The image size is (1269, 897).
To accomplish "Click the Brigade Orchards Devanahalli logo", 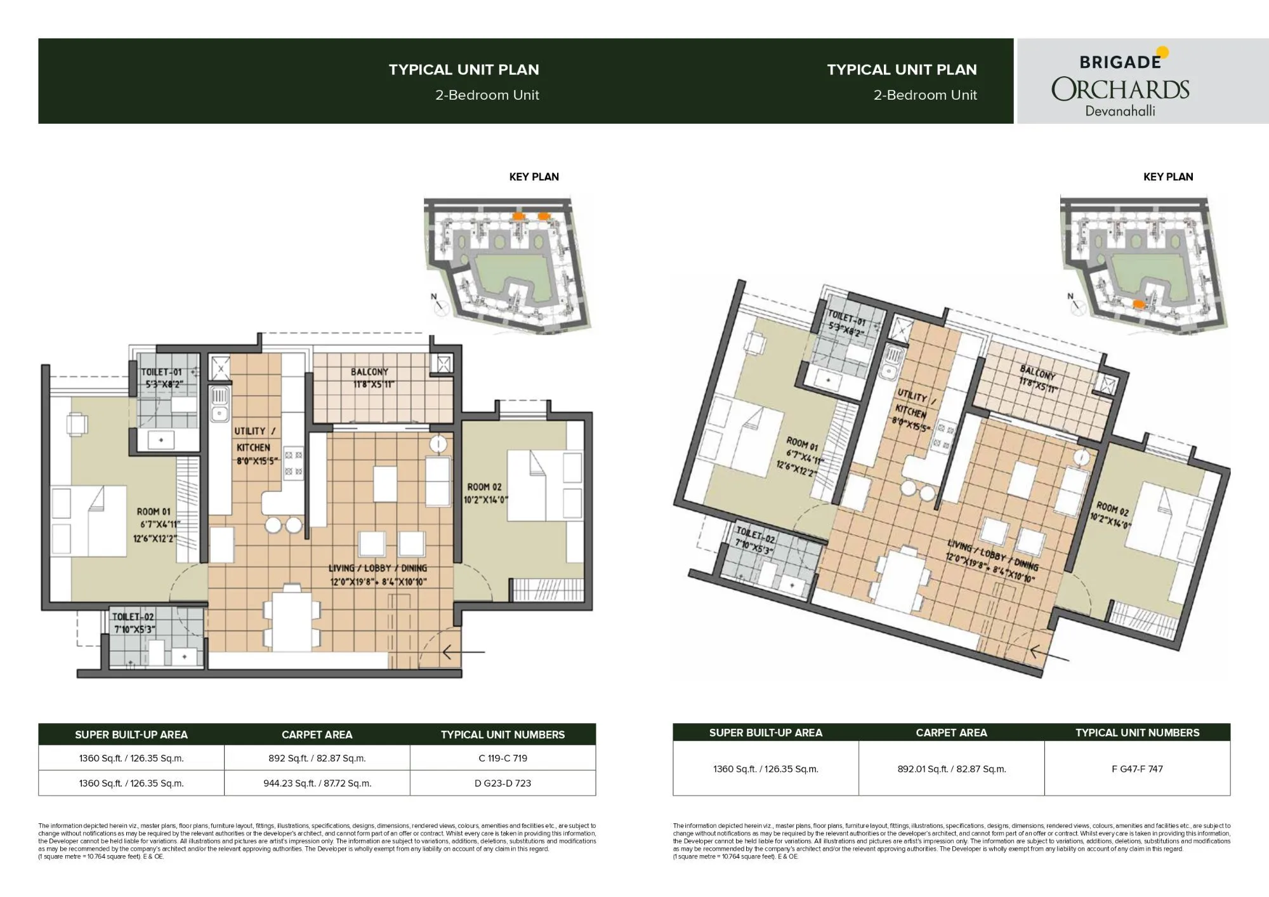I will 1121,81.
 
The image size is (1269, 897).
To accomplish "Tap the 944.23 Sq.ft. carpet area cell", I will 317,783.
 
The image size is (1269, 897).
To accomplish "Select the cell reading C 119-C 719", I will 503,758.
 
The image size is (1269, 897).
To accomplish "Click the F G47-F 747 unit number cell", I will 1137,769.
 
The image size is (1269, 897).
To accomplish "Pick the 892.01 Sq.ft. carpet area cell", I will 951,769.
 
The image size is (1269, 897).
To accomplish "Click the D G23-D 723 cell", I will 503,783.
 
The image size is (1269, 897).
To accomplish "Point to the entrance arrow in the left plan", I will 463,652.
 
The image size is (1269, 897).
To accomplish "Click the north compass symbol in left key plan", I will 437,303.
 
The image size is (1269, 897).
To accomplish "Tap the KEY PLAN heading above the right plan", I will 1167,176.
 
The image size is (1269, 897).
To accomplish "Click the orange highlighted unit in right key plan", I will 1140,303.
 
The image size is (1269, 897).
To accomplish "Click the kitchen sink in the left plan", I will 220,404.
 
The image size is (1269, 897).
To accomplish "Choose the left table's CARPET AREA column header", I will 317,734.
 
